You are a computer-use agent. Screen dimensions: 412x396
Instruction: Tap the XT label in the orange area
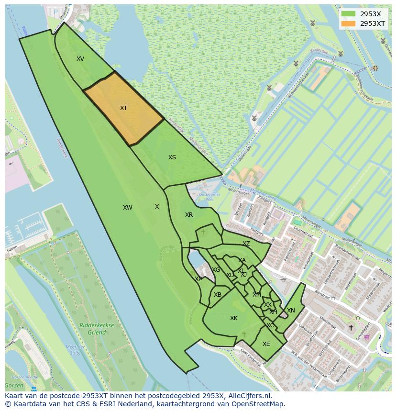pos(123,108)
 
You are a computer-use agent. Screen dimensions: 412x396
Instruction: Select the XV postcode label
pos(80,59)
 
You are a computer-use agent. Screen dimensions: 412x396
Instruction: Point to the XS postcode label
pos(172,157)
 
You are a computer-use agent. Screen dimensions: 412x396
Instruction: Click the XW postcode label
pos(127,208)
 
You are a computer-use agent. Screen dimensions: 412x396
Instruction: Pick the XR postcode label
pos(189,215)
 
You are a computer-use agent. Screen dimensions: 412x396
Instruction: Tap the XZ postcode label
pos(246,244)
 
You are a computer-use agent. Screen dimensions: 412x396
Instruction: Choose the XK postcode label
pos(234,318)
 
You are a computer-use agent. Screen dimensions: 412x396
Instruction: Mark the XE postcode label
pos(266,344)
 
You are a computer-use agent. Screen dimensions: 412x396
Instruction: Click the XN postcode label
pos(291,311)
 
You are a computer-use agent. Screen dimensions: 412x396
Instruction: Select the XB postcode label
pos(218,295)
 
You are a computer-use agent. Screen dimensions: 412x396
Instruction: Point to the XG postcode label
pos(216,270)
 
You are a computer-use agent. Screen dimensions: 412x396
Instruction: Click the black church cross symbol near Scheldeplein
pos(351,328)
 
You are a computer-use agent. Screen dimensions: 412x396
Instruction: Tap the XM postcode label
pos(257,295)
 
